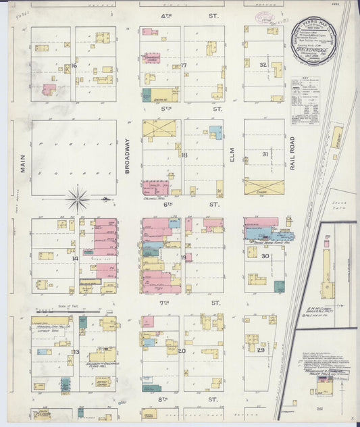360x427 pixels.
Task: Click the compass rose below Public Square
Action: (x=78, y=199)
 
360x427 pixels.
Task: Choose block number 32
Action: (x=263, y=64)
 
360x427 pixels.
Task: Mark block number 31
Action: (x=265, y=154)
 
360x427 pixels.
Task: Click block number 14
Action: (x=75, y=258)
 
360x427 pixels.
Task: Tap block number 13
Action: (x=76, y=352)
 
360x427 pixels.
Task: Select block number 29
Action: (x=260, y=351)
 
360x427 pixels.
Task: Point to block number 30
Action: (x=265, y=256)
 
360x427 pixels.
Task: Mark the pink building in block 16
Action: (x=48, y=89)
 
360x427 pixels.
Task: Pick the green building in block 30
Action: (x=279, y=286)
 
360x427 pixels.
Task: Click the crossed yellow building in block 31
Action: (x=263, y=186)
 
